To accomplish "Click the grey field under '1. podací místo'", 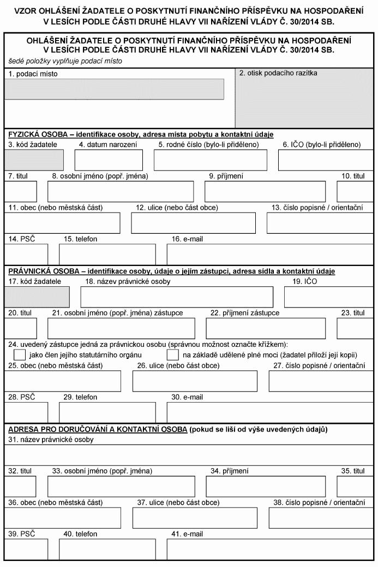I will pos(115,89).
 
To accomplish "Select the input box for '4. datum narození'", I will pos(109,160).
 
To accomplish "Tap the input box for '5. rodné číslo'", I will pos(211,160).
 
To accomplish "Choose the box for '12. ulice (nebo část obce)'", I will pos(193,223).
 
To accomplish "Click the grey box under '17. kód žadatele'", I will pos(37,297).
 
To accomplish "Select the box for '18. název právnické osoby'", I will pos(177,297).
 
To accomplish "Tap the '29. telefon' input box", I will pos(107,413).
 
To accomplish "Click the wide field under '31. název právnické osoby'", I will pos(189,454).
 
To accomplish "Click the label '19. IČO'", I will pos(304,281).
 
